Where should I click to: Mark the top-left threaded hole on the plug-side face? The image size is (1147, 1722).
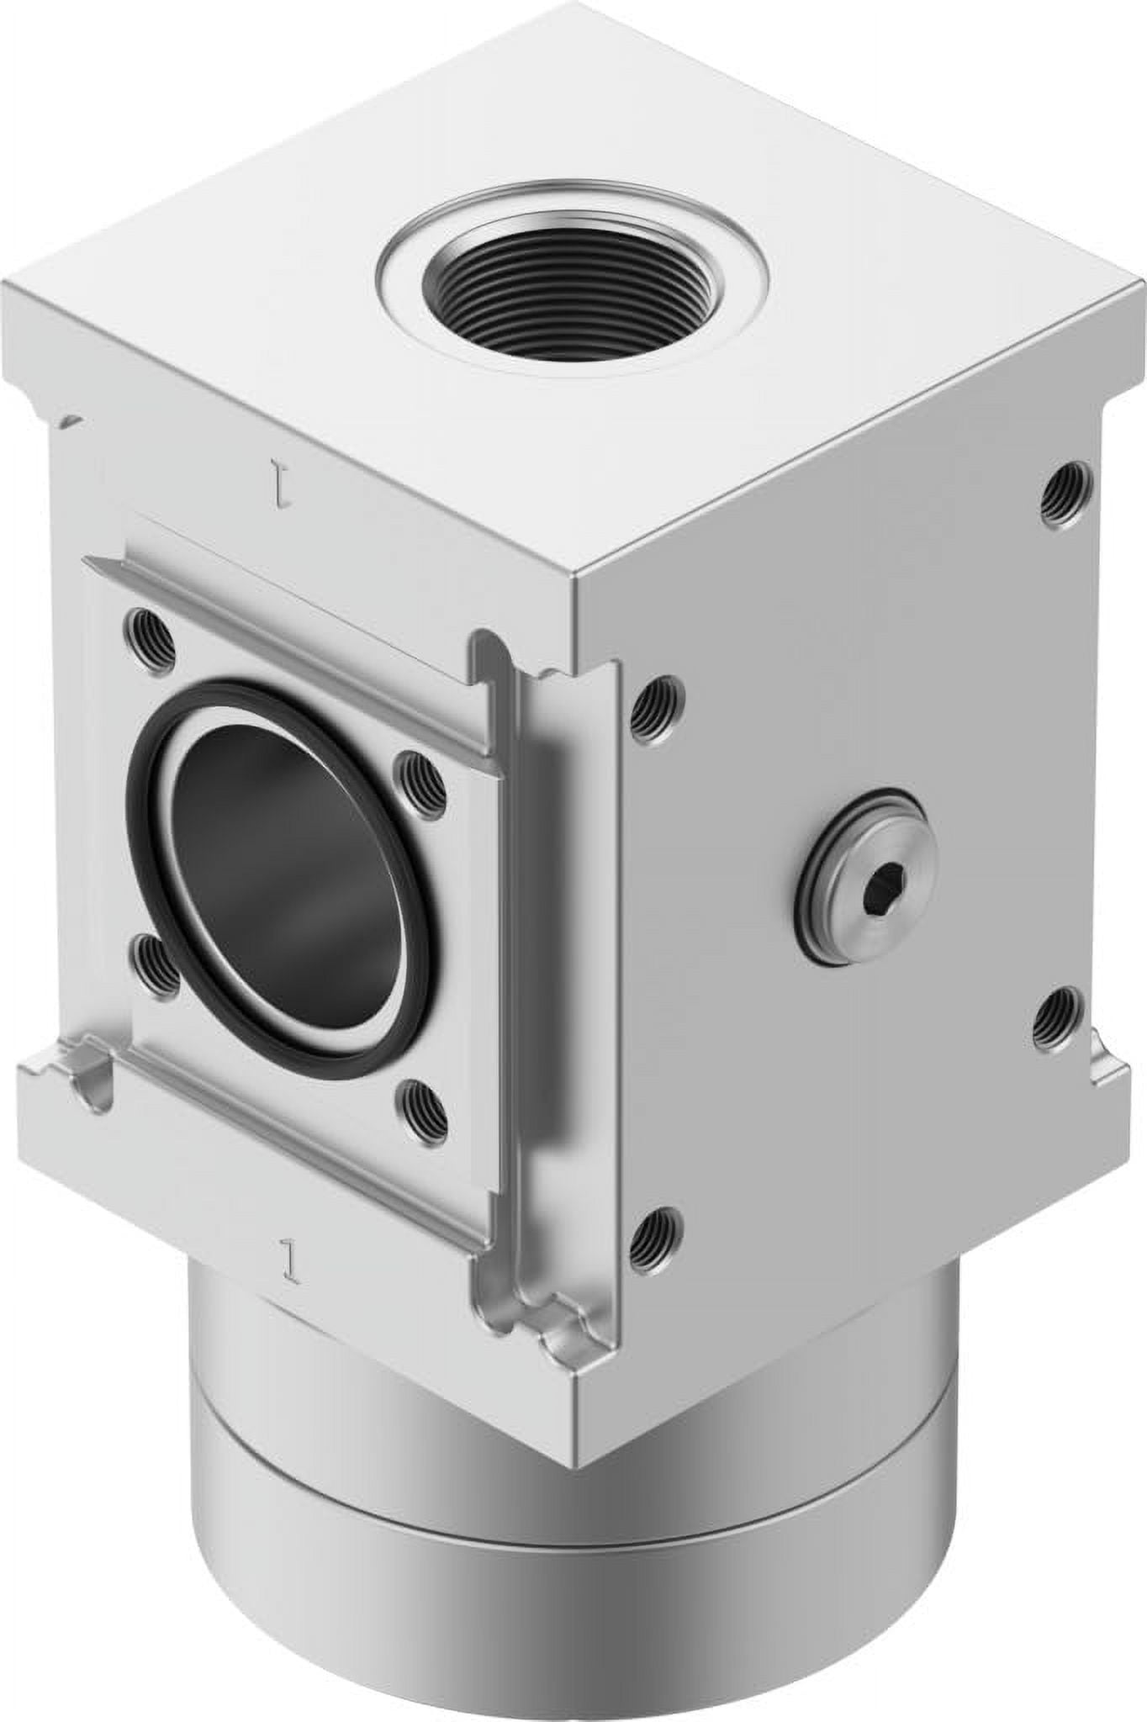pos(657,700)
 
